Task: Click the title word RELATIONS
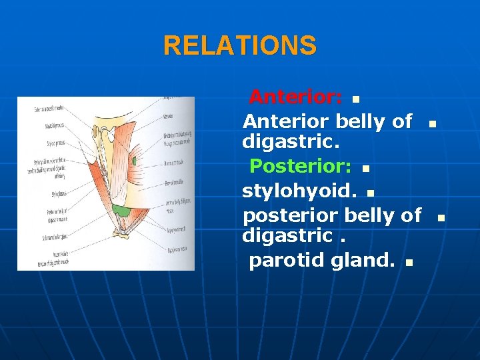click(240, 46)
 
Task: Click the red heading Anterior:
click(296, 97)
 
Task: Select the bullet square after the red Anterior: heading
click(355, 101)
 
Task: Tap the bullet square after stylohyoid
click(370, 194)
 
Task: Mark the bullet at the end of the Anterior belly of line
click(432, 124)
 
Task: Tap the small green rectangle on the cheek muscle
click(134, 161)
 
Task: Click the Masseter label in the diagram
click(169, 116)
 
